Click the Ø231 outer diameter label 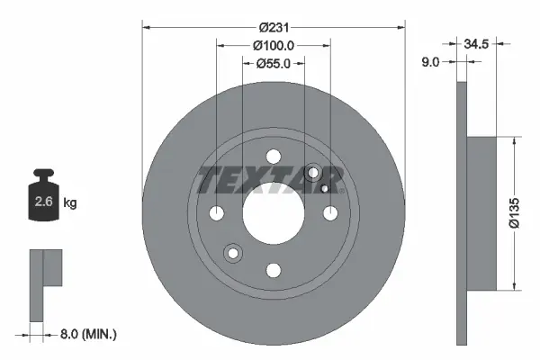(x=274, y=27)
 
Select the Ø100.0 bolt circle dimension (x=274, y=45)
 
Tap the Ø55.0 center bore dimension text (x=274, y=63)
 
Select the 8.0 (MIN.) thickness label (x=88, y=334)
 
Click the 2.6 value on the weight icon (x=43, y=202)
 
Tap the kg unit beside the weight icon (x=70, y=203)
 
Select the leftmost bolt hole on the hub (x=217, y=214)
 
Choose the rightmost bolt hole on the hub (x=330, y=213)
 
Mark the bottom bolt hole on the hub (x=274, y=269)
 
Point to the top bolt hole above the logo (x=274, y=157)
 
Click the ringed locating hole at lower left (x=234, y=254)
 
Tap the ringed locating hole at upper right (x=314, y=173)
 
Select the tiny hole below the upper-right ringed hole (x=324, y=190)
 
